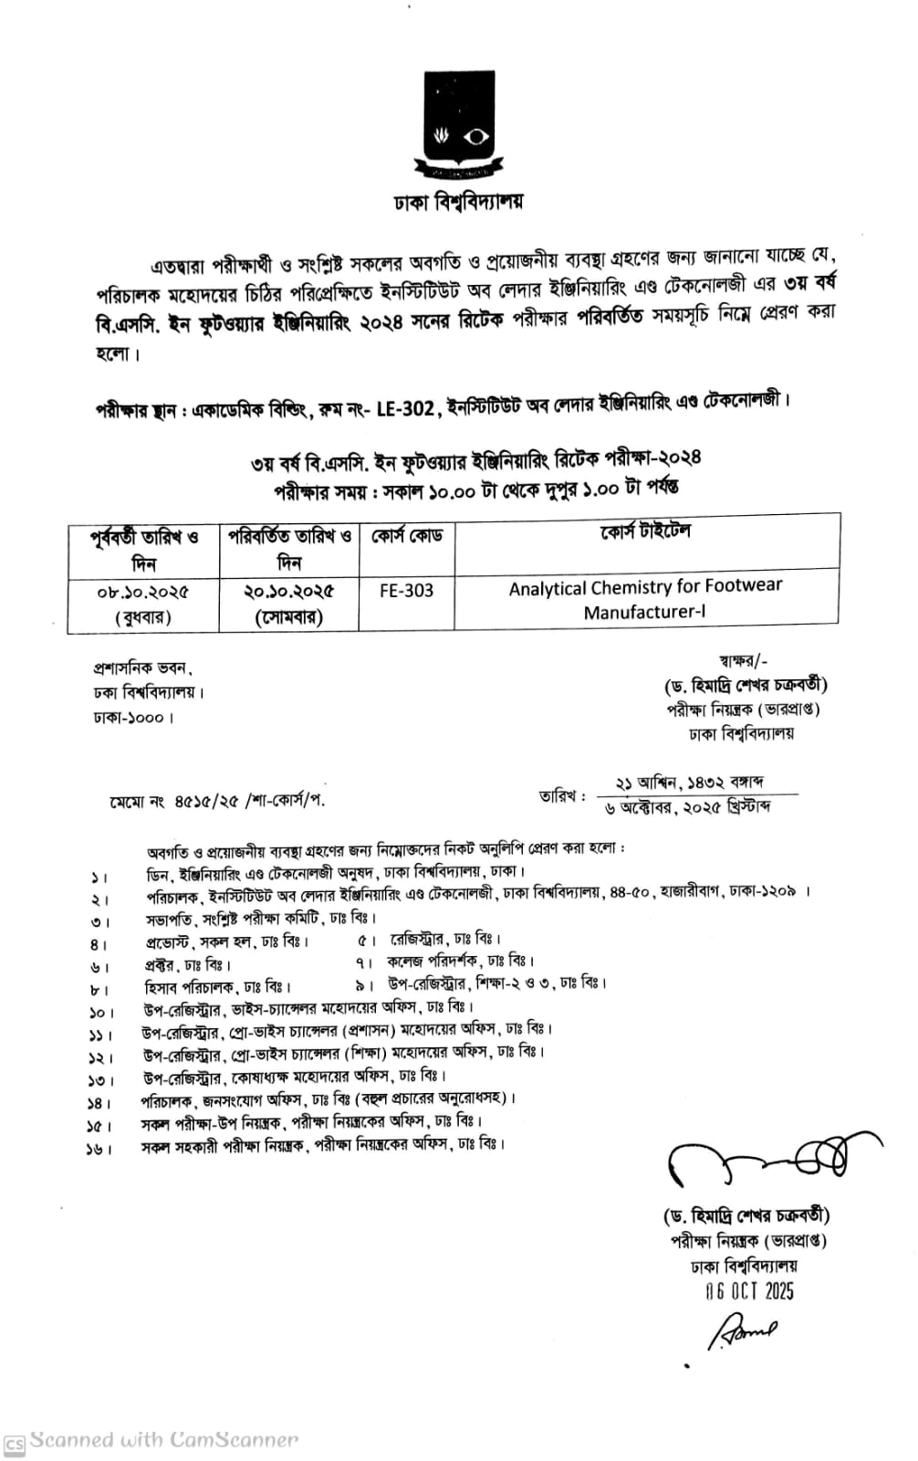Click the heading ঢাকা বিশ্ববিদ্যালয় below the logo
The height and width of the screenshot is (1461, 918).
tap(458, 202)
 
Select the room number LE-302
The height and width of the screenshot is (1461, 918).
tap(405, 408)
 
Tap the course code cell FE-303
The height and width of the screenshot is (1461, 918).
tap(406, 591)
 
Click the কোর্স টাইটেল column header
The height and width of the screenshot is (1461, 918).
tap(645, 532)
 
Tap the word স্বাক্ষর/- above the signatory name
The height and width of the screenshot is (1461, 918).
tap(744, 659)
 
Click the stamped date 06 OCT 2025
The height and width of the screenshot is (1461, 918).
tap(749, 1291)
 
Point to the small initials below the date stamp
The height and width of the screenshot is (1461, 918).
tap(740, 1330)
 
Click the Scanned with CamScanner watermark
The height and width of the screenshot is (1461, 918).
tap(164, 1440)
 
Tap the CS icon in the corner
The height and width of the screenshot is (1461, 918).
tap(14, 1444)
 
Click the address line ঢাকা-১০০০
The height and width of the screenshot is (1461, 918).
tap(132, 718)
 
